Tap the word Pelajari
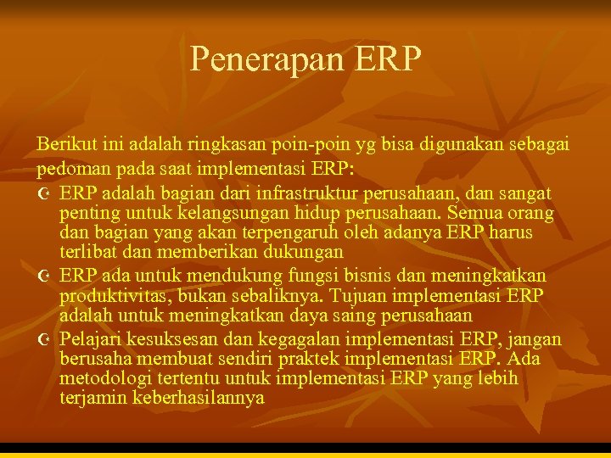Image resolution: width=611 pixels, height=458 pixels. [90, 339]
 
